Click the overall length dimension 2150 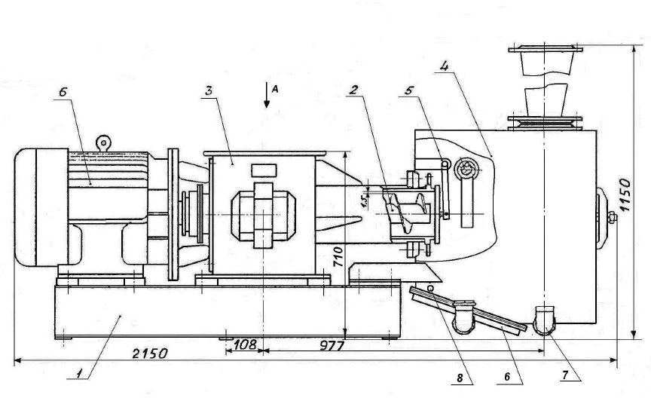click(x=150, y=354)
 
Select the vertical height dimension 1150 click(x=625, y=194)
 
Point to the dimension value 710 click(x=338, y=257)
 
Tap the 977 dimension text click(x=332, y=345)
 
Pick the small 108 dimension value click(x=245, y=344)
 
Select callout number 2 click(x=353, y=90)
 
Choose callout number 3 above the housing click(x=209, y=91)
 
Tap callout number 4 click(x=445, y=66)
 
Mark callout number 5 click(x=409, y=90)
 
